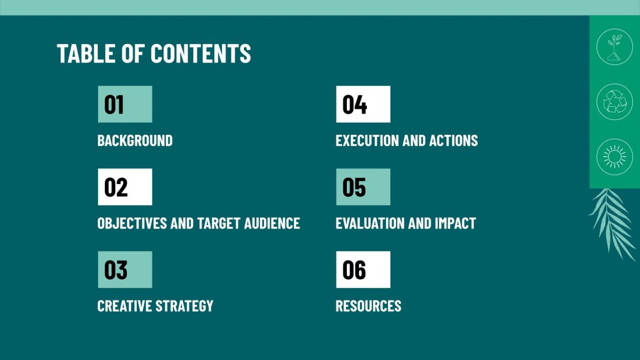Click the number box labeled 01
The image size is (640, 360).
click(x=125, y=104)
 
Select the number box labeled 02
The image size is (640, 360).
click(x=125, y=187)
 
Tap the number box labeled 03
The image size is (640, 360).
click(x=125, y=270)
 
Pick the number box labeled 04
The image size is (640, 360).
click(x=363, y=104)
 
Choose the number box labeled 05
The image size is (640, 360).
click(x=363, y=187)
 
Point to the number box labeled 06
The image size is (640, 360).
click(x=363, y=270)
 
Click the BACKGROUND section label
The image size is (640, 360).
click(x=135, y=141)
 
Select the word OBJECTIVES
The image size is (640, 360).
click(x=132, y=223)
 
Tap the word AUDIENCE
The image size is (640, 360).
click(x=272, y=223)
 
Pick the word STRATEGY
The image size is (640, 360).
click(x=184, y=306)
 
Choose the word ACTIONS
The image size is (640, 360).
click(x=453, y=141)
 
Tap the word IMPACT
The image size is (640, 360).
click(x=455, y=223)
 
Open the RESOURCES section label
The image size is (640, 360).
click(x=368, y=306)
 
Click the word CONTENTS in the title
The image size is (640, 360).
click(x=201, y=53)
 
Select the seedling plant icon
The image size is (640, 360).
click(x=615, y=47)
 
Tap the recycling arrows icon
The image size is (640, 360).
click(x=615, y=102)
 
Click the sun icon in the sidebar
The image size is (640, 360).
click(x=615, y=157)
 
